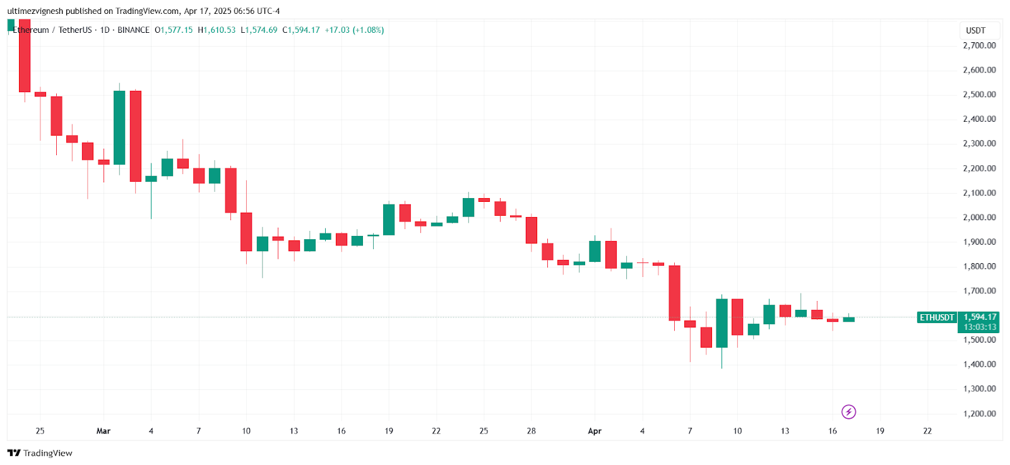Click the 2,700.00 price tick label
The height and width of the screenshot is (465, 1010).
[979, 45]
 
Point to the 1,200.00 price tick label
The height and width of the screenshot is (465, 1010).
[979, 414]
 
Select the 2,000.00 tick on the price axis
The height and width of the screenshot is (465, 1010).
[979, 217]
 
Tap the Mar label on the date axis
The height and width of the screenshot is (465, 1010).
[104, 431]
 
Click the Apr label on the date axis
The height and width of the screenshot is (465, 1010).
[595, 431]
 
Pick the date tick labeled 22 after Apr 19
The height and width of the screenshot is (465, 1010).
[927, 431]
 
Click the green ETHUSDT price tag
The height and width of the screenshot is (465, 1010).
[937, 317]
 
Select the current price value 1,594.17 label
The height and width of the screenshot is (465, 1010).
[980, 317]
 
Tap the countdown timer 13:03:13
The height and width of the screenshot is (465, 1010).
[980, 327]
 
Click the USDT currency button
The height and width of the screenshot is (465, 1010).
[975, 30]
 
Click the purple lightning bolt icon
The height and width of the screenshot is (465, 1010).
[849, 412]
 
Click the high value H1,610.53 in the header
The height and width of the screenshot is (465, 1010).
[217, 30]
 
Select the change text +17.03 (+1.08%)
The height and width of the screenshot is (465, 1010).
[354, 30]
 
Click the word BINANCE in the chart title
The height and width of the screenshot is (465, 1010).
[133, 30]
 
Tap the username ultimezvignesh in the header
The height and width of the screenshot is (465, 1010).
[35, 11]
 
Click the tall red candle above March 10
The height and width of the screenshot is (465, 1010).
[246, 232]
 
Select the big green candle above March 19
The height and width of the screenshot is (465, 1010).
[389, 220]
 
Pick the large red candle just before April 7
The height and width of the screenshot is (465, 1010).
[674, 293]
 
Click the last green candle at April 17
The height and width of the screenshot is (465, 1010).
[848, 319]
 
